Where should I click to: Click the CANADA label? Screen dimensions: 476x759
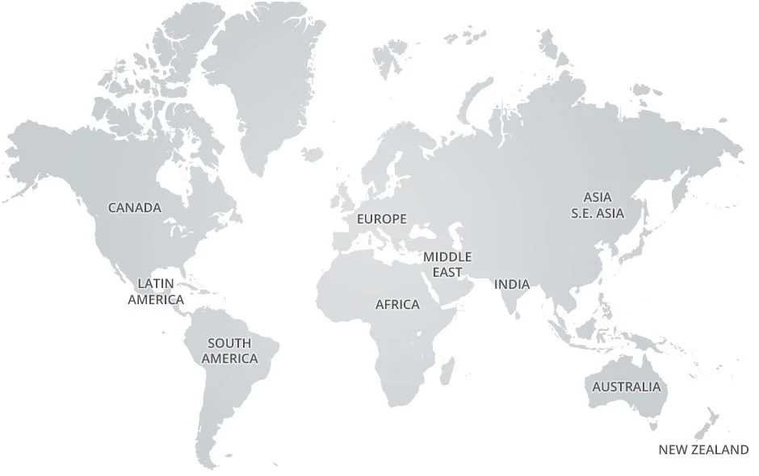click(x=135, y=207)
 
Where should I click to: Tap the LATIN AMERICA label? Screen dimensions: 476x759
click(x=156, y=291)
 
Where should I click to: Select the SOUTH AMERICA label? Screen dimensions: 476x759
click(x=229, y=351)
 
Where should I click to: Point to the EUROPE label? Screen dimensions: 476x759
click(x=382, y=219)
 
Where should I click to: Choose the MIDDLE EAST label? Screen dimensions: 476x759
click(x=447, y=264)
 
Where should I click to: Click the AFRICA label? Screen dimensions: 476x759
click(x=397, y=304)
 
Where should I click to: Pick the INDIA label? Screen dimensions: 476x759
click(x=512, y=284)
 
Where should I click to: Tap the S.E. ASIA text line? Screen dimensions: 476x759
click(x=598, y=214)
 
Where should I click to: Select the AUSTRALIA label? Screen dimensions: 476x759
click(x=626, y=386)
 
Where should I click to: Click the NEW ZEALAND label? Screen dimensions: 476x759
click(x=703, y=450)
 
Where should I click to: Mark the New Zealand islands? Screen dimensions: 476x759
click(x=704, y=424)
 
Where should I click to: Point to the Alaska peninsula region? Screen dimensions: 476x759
click(x=32, y=153)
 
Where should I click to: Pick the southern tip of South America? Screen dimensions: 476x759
click(x=208, y=460)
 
